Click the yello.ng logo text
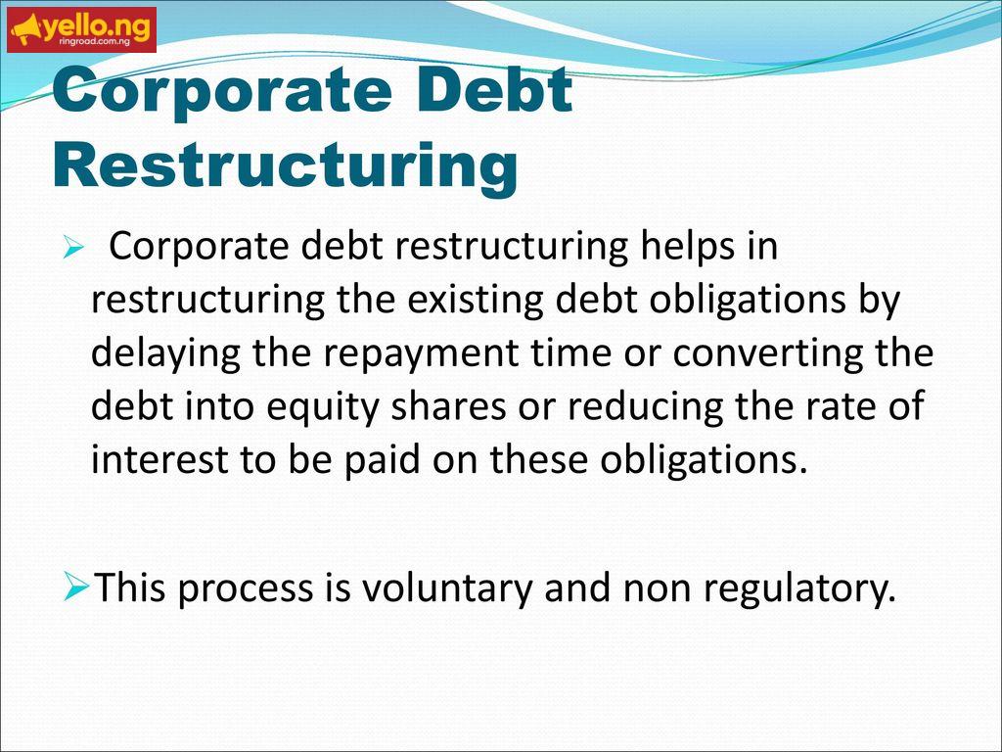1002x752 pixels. (x=97, y=25)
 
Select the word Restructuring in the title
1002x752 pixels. (x=285, y=165)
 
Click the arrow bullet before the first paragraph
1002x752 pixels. (x=72, y=247)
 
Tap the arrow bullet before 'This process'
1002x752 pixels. (x=77, y=587)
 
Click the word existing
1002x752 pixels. (x=475, y=301)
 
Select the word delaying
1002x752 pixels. (x=165, y=354)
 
